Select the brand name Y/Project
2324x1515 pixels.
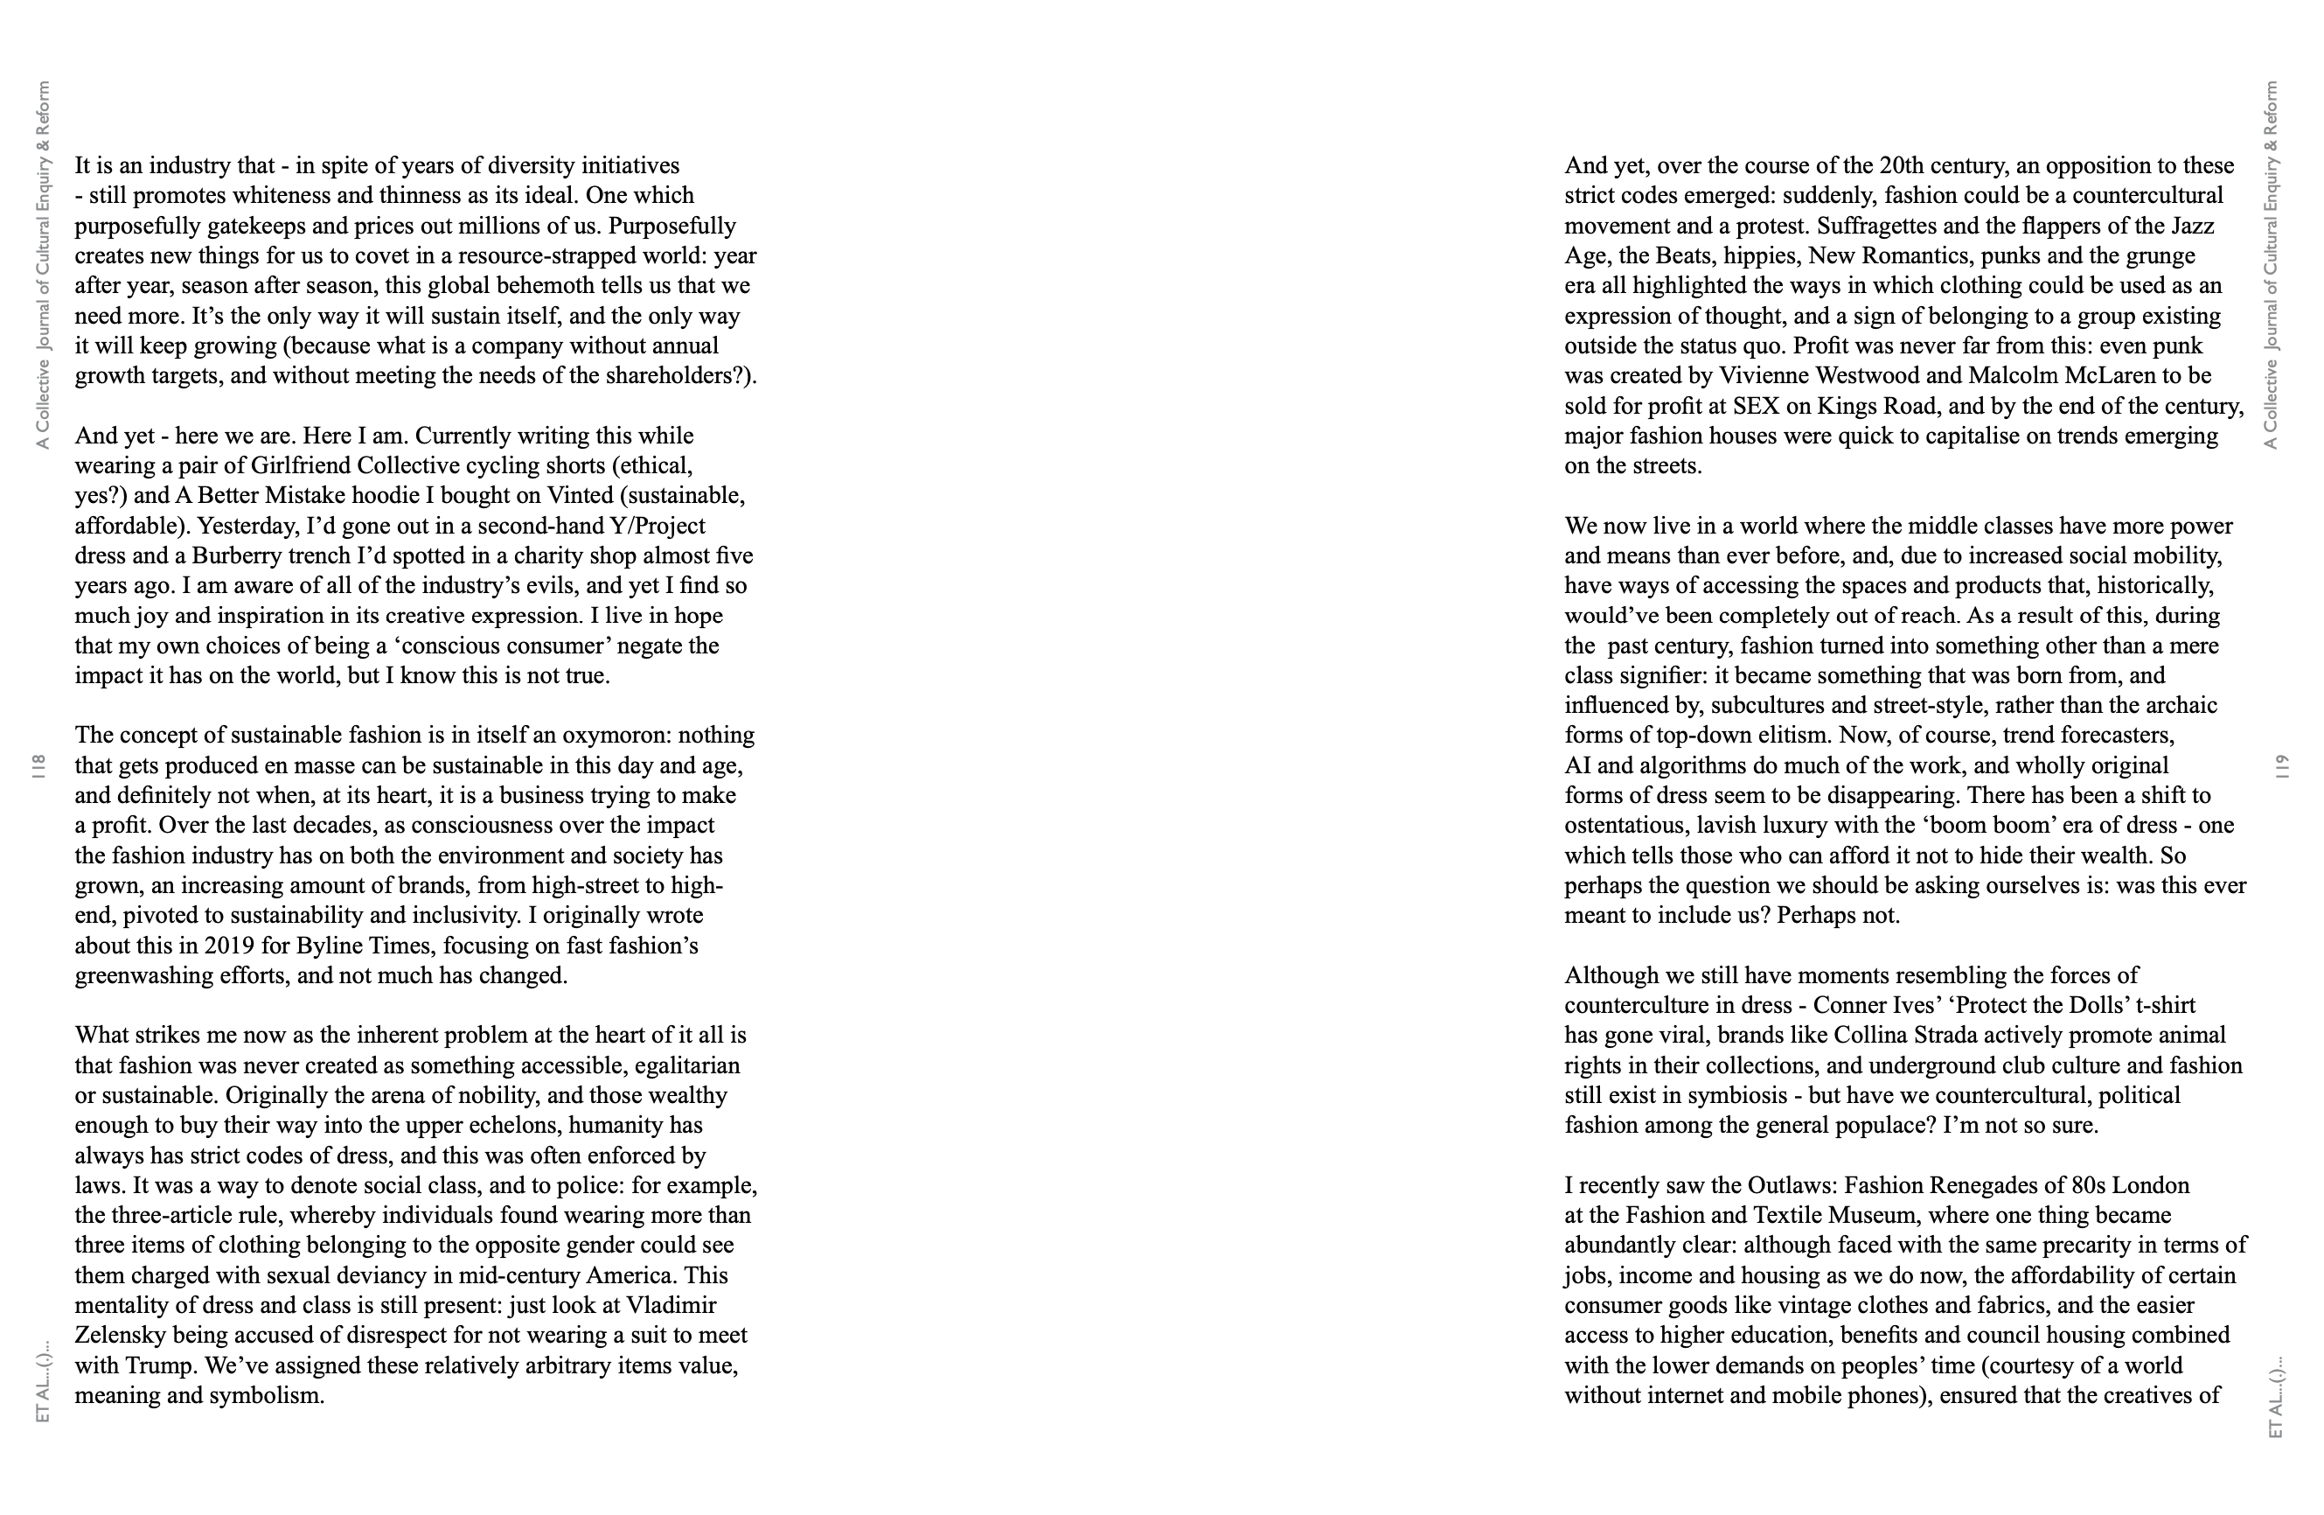coord(656,527)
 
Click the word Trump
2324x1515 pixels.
coord(164,1365)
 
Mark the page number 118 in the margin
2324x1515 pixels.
coord(40,765)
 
